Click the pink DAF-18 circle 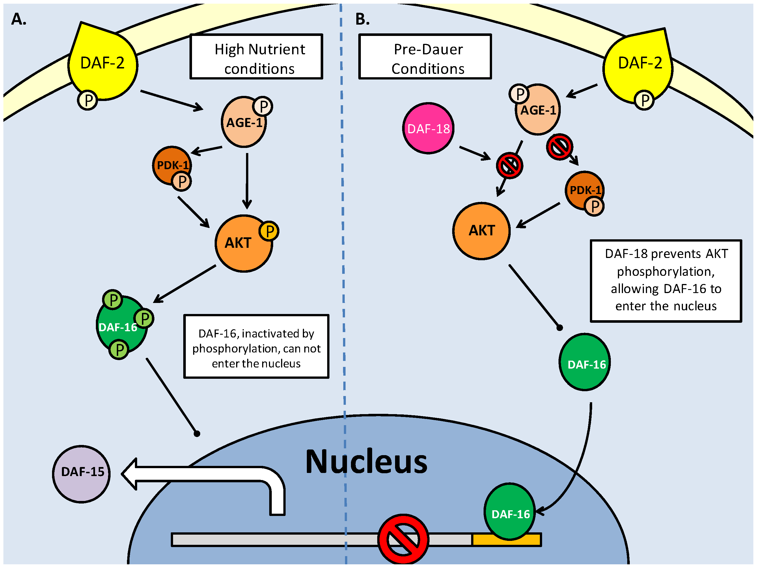[x=428, y=128]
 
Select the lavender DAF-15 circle [x=81, y=474]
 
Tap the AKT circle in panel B [x=481, y=231]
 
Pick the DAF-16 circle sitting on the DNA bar [x=510, y=512]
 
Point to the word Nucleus [x=366, y=462]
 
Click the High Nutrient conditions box [x=256, y=57]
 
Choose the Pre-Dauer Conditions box [x=425, y=57]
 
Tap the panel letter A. [x=19, y=19]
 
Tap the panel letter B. [x=362, y=19]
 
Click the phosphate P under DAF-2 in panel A [x=87, y=100]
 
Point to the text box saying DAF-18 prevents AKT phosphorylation [x=666, y=280]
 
